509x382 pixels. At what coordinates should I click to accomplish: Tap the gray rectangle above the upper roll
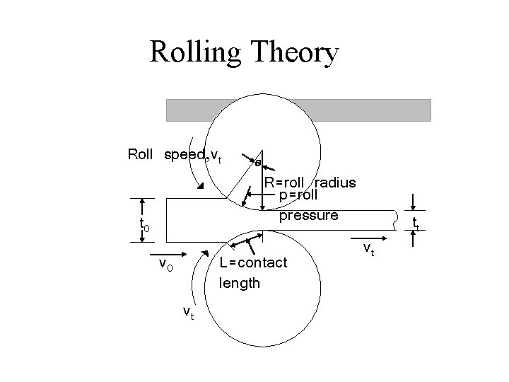coord(298,110)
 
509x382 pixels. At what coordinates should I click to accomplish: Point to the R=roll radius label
coord(310,182)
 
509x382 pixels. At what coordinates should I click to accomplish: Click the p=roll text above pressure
coord(299,194)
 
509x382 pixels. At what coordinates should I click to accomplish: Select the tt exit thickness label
coord(416,224)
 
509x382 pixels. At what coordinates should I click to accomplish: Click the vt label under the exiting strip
coord(368,248)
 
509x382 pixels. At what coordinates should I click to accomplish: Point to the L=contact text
coord(253,262)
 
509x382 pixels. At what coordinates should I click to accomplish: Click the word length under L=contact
coord(240,283)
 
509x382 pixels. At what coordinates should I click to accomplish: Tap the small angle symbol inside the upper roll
coord(258,163)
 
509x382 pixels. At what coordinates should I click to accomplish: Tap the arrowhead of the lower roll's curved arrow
coord(204,254)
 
